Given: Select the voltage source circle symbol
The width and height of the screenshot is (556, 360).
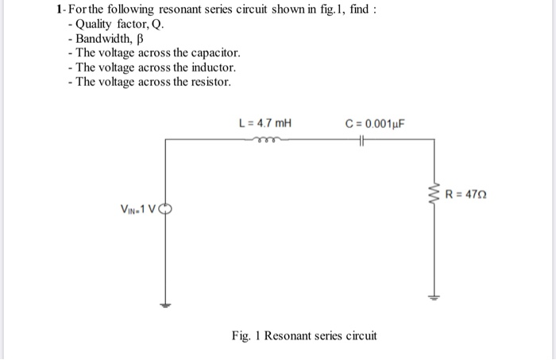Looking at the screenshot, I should tap(165, 211).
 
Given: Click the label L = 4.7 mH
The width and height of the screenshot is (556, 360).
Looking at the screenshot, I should tap(265, 123).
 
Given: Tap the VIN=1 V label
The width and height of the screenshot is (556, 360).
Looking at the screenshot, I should tap(139, 211).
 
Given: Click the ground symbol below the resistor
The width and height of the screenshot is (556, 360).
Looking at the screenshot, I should tap(434, 299).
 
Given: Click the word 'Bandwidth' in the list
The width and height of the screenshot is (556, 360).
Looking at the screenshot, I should tap(102, 38).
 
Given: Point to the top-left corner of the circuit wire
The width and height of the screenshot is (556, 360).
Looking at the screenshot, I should tap(165, 141).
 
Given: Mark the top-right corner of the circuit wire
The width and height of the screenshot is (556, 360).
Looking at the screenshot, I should tap(434, 141).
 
